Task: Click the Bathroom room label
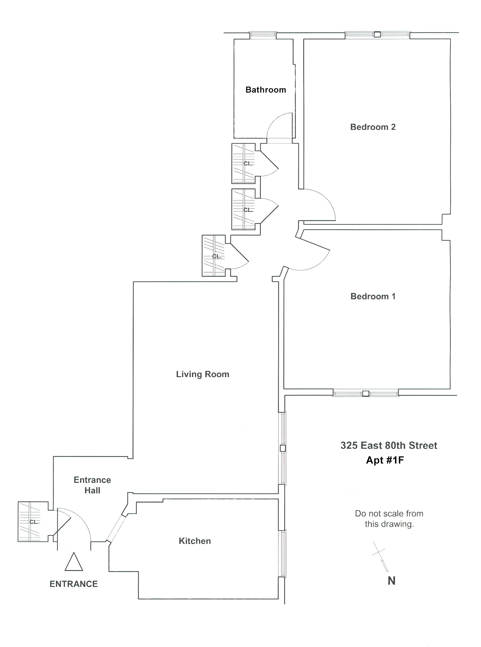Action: [265, 90]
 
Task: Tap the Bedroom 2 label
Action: [373, 127]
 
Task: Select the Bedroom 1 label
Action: [373, 296]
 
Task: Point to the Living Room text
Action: [203, 374]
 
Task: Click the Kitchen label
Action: [195, 541]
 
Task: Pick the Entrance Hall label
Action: [92, 485]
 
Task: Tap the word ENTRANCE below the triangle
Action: [74, 584]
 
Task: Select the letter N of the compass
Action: [391, 581]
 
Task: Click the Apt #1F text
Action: [385, 460]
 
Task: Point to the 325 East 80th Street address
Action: [389, 445]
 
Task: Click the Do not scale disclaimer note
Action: [389, 518]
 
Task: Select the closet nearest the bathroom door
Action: [243, 163]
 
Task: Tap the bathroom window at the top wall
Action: [263, 35]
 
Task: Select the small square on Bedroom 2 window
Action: [377, 34]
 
